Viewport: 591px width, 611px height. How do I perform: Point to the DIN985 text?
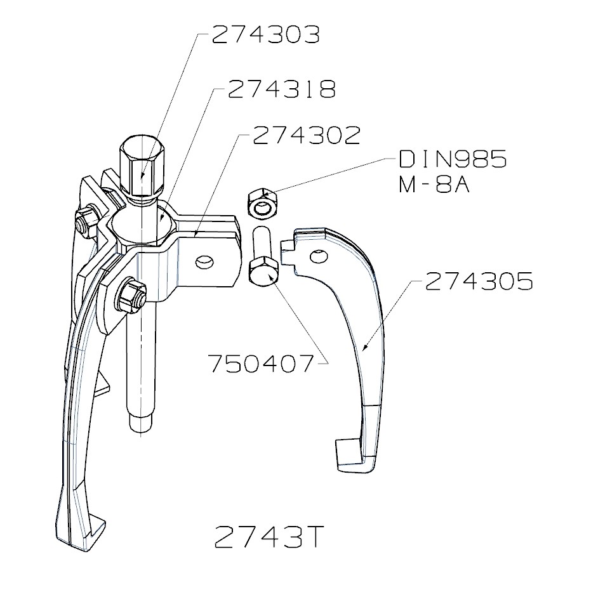click(453, 159)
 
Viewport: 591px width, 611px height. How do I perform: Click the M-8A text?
click(434, 186)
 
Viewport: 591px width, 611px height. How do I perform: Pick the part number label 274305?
click(479, 281)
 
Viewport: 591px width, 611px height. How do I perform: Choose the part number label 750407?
click(261, 364)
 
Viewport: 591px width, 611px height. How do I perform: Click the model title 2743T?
click(269, 538)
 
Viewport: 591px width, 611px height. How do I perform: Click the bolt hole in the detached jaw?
click(319, 256)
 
